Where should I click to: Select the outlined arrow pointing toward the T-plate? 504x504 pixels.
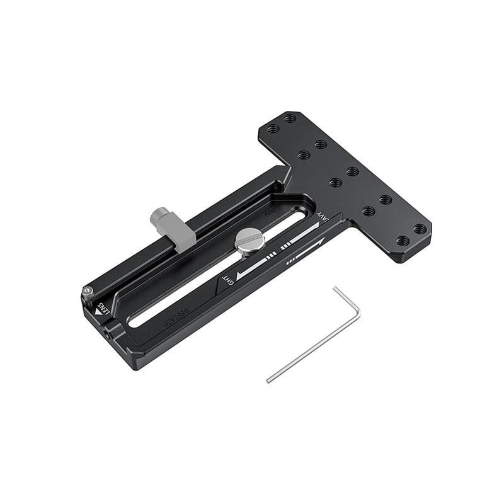pos(306,250)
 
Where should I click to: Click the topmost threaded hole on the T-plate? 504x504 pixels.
pos(289,118)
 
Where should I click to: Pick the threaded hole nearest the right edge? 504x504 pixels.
pos(419,229)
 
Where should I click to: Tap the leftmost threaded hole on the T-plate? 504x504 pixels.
pos(273,129)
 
